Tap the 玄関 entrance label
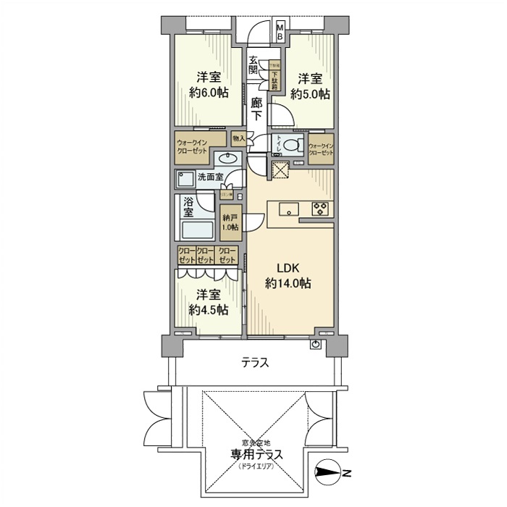tap(253, 65)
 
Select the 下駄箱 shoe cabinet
tap(275, 76)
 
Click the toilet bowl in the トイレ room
tap(292, 145)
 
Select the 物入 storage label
tap(238, 137)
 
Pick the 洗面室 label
tap(210, 177)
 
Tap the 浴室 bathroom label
tap(188, 206)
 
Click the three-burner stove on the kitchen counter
tap(319, 209)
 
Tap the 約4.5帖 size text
tap(209, 310)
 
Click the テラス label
tap(256, 364)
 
